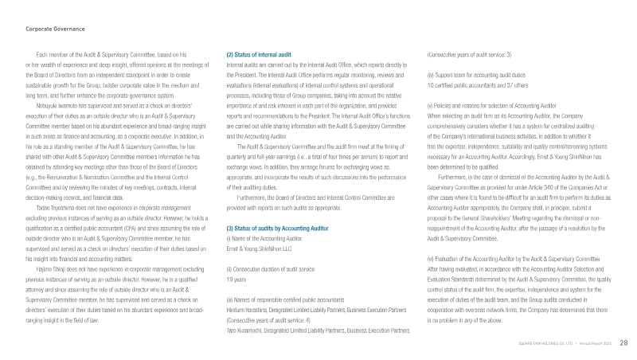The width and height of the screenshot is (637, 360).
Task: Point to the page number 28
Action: click(x=623, y=342)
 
